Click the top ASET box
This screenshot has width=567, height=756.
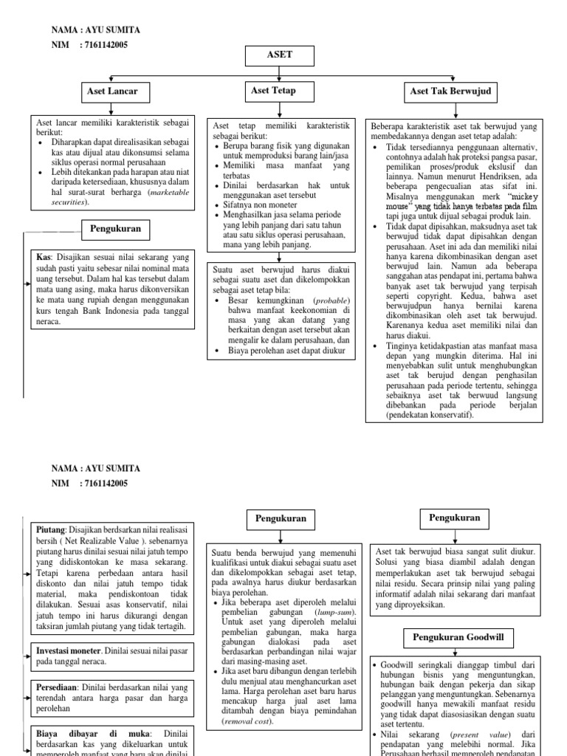coord(283,55)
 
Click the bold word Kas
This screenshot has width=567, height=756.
coord(43,257)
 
